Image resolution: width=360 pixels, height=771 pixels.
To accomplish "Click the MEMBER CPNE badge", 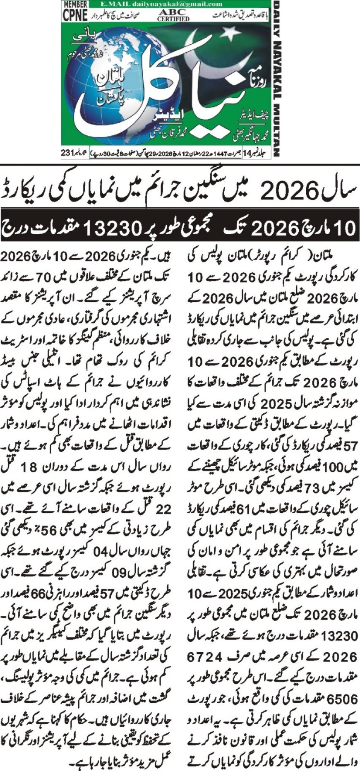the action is pyautogui.click(x=75, y=11).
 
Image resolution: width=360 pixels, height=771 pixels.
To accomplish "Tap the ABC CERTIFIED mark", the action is pyautogui.click(x=173, y=15).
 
